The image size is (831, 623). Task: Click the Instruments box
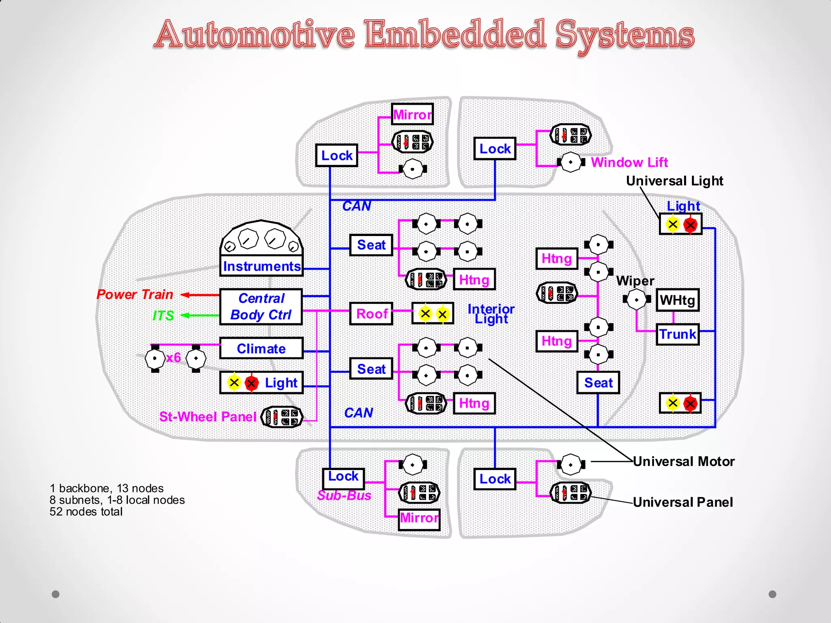(x=261, y=266)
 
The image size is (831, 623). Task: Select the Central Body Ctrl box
(x=261, y=307)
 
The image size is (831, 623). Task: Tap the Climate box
(x=261, y=348)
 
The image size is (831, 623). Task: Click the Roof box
(x=371, y=314)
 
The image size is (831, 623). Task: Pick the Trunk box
(x=677, y=334)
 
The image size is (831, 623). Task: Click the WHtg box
(x=677, y=300)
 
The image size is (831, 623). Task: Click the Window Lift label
(x=629, y=162)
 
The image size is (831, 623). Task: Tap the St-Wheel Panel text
(x=207, y=417)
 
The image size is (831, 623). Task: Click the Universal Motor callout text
(x=684, y=462)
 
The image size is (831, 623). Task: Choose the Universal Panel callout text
(x=683, y=502)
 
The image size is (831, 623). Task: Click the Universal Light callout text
(x=674, y=181)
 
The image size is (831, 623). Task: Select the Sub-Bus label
(x=344, y=495)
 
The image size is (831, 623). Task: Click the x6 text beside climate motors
(x=173, y=357)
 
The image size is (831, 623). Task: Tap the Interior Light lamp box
(x=433, y=314)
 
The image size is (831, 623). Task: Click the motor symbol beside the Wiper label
(x=636, y=300)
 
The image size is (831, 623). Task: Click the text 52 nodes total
(x=86, y=512)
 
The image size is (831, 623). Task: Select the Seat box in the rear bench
(x=598, y=382)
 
